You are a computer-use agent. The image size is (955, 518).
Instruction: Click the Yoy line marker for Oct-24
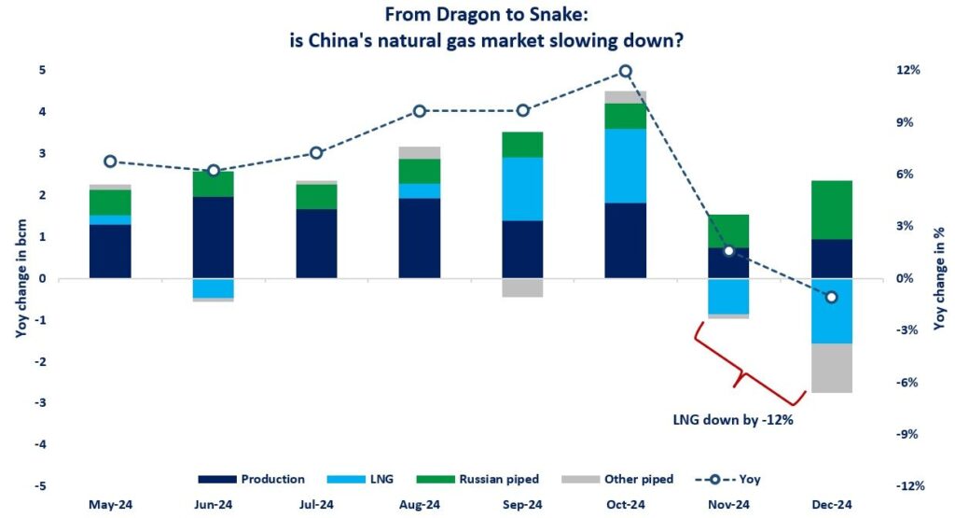click(626, 71)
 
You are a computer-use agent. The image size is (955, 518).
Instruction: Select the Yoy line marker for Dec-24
click(832, 297)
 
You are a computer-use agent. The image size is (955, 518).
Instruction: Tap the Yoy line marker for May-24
click(110, 161)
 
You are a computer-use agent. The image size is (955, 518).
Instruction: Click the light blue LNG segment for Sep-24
click(522, 189)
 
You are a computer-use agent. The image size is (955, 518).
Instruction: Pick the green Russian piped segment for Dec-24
click(832, 209)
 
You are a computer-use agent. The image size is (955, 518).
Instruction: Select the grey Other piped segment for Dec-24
click(832, 368)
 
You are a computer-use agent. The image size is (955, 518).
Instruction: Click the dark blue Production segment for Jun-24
click(214, 237)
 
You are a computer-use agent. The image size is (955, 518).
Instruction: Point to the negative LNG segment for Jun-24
click(214, 287)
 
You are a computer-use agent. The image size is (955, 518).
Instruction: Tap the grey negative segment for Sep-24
click(522, 287)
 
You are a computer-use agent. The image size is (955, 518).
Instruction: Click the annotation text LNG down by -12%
click(732, 420)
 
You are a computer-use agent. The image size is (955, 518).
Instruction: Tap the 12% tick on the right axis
click(908, 71)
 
